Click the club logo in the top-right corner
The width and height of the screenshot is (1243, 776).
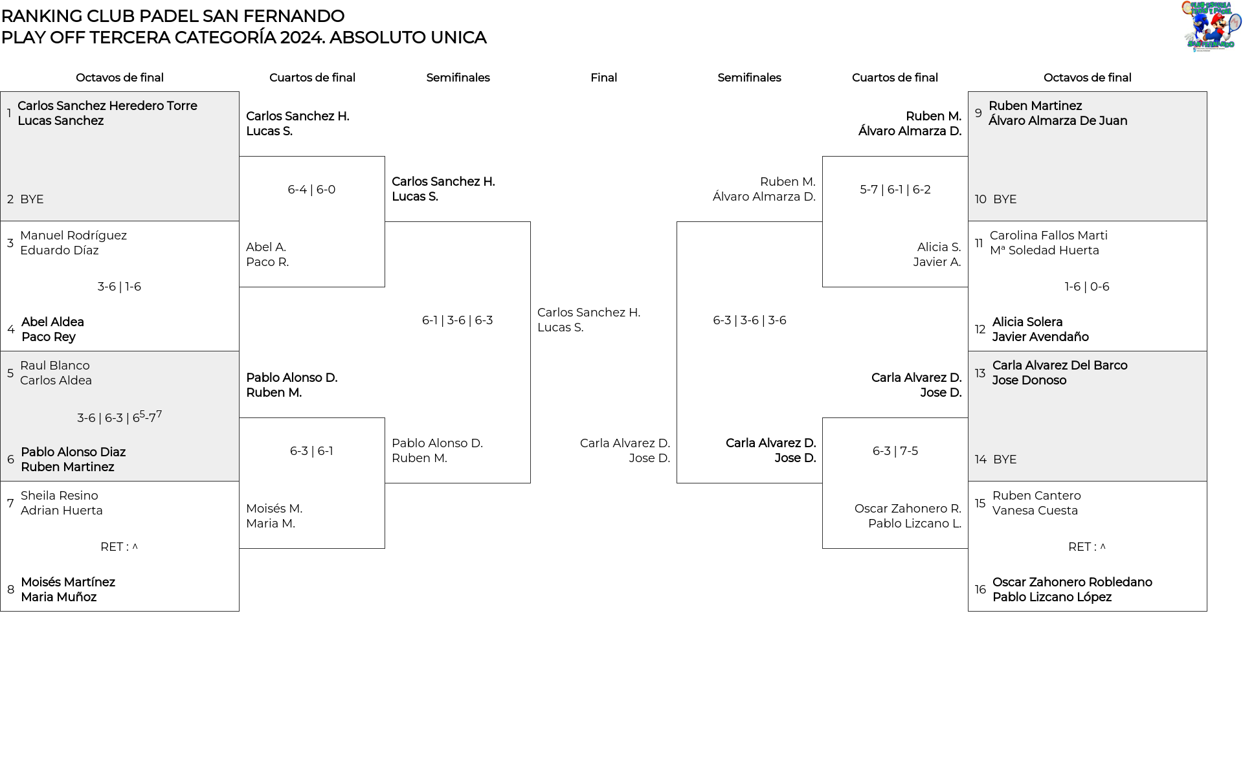click(1211, 27)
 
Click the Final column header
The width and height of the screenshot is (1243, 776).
click(603, 78)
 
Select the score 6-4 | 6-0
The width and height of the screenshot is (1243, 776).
click(311, 190)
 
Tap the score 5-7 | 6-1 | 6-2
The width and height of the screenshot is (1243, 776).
click(895, 190)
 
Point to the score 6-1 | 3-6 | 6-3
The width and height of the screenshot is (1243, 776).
click(457, 320)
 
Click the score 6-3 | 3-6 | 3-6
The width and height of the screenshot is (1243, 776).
click(749, 320)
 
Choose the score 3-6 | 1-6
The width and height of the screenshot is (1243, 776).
click(119, 287)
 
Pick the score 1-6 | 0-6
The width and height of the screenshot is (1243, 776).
click(1086, 287)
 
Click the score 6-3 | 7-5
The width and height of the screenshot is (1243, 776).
click(895, 451)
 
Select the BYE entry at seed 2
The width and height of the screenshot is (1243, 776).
click(32, 199)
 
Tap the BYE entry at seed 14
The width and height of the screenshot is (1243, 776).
click(1004, 460)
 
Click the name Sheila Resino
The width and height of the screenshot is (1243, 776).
click(60, 496)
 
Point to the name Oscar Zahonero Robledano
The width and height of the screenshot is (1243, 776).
click(1072, 582)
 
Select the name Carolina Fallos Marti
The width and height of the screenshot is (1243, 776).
click(1048, 236)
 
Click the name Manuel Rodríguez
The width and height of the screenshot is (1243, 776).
click(73, 236)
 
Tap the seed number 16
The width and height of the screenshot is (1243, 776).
click(980, 590)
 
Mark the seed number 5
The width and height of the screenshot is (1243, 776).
click(10, 373)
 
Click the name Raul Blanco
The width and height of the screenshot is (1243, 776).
click(55, 366)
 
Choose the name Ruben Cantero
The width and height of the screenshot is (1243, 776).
click(1036, 496)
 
